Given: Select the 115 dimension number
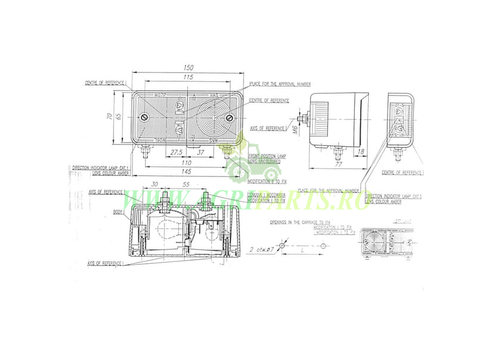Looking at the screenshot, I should tap(188, 78).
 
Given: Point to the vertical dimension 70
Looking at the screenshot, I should tap(109, 117).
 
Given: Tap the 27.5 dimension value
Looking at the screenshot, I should tap(176, 153).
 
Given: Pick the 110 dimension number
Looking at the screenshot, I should tap(187, 162).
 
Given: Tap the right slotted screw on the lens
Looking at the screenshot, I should tap(229, 118).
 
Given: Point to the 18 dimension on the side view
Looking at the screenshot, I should tap(361, 153).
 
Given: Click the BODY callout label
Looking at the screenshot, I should tap(118, 211).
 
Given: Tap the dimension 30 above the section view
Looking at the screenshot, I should tap(154, 185).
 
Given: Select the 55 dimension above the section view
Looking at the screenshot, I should tap(185, 185).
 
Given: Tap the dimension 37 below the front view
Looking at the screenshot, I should tap(201, 153).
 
